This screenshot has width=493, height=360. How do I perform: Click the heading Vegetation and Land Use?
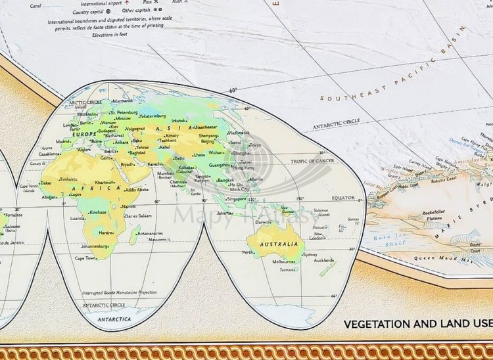(x=417, y=323)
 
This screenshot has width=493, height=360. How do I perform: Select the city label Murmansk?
(x=123, y=101)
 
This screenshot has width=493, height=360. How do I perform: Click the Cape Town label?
(x=86, y=258)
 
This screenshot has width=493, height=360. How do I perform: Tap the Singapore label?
(x=238, y=198)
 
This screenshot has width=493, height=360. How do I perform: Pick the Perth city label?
(x=248, y=252)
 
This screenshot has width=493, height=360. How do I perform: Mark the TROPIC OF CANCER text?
(x=312, y=161)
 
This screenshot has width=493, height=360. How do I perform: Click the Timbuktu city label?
(x=68, y=179)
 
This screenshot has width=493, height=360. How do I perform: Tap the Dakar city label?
(x=46, y=183)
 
